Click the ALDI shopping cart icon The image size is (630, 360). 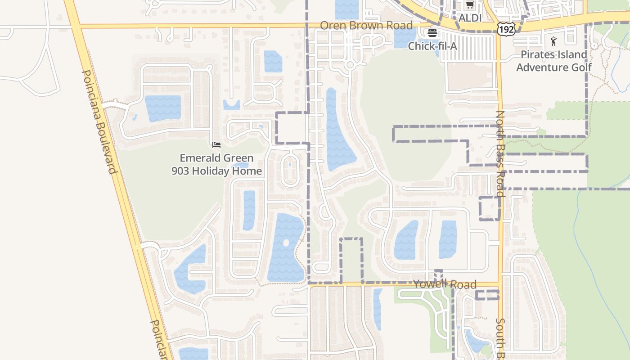click(x=470, y=5)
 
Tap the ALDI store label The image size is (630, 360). click(x=470, y=18)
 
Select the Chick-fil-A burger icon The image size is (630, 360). click(x=432, y=32)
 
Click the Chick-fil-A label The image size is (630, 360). click(x=432, y=46)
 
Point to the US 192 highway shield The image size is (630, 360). click(x=506, y=29)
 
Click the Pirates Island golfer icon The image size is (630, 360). click(x=553, y=42)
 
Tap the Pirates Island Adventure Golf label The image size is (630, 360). click(x=553, y=61)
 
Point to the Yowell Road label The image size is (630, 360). click(x=445, y=284)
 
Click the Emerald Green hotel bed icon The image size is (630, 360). click(x=216, y=145)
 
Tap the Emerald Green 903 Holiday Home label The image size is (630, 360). click(x=216, y=165)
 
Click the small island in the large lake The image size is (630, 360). click(x=286, y=243)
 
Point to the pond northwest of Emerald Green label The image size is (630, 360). click(x=162, y=108)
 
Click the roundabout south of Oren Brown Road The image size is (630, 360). click(x=350, y=65)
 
